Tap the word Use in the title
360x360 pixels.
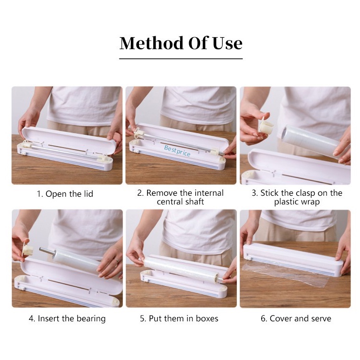point(227,43)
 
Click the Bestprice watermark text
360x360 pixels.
point(177,150)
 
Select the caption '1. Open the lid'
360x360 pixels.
point(65,194)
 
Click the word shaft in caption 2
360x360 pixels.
point(193,201)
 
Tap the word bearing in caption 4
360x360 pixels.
point(91,318)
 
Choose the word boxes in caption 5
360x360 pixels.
point(207,318)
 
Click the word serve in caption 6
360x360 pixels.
point(321,318)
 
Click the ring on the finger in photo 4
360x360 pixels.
point(117,260)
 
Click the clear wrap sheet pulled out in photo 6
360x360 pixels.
point(287,274)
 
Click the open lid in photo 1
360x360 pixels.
point(68,140)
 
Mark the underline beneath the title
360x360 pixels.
point(181,59)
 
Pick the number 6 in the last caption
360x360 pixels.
point(263,318)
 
